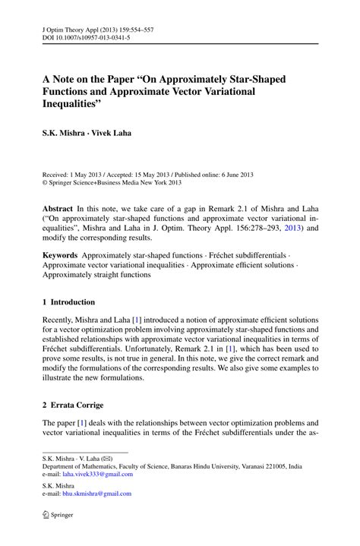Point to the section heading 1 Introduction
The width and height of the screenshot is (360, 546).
click(x=68, y=301)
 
